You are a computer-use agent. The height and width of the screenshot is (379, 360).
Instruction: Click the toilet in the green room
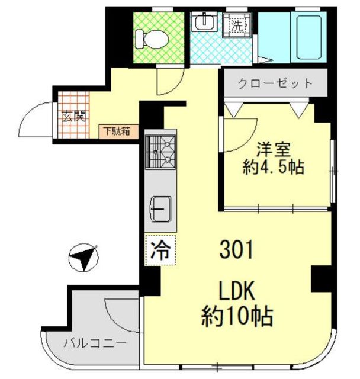(152, 39)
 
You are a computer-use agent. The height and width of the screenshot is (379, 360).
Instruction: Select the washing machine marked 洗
(237, 25)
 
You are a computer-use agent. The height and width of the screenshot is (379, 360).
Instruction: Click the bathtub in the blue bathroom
(308, 37)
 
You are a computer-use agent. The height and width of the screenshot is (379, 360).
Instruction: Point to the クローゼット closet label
(275, 83)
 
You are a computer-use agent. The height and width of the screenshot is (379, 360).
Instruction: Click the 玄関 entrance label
(74, 116)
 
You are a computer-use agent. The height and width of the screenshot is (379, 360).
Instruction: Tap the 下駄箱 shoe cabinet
(118, 131)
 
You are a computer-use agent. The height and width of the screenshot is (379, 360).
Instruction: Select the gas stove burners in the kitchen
(160, 152)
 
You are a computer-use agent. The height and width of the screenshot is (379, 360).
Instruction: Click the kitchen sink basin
(161, 209)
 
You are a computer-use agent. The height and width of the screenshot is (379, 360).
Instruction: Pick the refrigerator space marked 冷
(160, 250)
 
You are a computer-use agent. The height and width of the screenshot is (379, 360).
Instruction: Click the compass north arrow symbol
(83, 258)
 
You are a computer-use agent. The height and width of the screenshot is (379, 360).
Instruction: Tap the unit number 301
(236, 250)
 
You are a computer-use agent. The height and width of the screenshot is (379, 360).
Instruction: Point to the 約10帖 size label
(237, 316)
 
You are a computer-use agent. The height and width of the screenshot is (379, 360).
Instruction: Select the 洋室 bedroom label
(274, 150)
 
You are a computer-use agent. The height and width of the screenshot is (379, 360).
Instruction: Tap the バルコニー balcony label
(95, 343)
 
